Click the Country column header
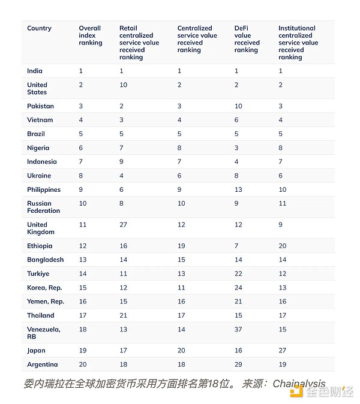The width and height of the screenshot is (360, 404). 39,28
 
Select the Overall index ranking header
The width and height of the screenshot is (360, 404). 91,35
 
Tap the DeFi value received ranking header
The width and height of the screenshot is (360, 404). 247,39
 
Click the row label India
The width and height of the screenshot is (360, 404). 35,71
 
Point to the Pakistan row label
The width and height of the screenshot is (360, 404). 40,106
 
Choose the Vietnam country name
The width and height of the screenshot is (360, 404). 40,120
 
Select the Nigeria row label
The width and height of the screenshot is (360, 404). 38,148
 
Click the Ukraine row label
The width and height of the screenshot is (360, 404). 39,176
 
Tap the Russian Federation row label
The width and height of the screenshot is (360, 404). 43,207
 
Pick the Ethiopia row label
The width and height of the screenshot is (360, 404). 40,246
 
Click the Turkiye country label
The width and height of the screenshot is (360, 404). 39,273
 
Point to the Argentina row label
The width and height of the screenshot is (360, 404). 42,364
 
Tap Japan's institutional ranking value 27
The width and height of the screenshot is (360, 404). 283,351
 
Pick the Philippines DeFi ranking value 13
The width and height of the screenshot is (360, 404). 238,189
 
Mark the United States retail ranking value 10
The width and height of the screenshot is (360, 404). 124,85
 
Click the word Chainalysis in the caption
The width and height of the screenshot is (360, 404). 299,384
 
